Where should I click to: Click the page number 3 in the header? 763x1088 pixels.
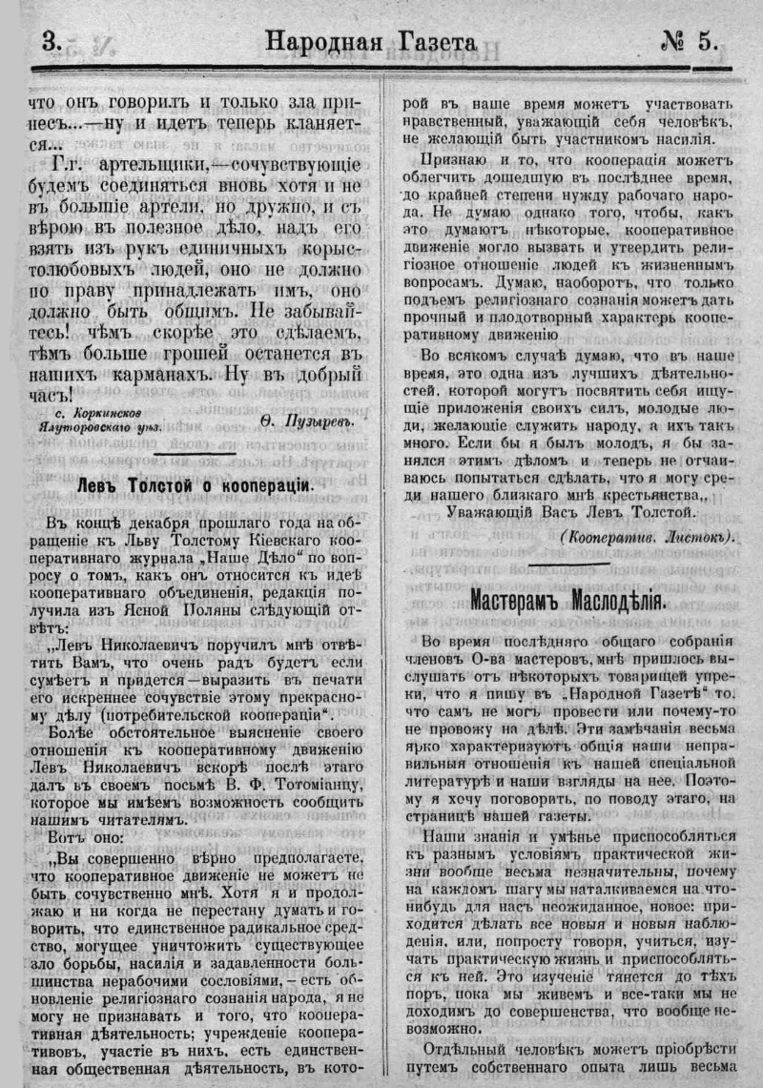[x=51, y=41]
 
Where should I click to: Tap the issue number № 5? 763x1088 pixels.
[x=692, y=41]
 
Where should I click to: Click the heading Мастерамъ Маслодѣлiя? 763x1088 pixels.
[x=568, y=601]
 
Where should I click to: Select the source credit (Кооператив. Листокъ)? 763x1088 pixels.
[x=649, y=537]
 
